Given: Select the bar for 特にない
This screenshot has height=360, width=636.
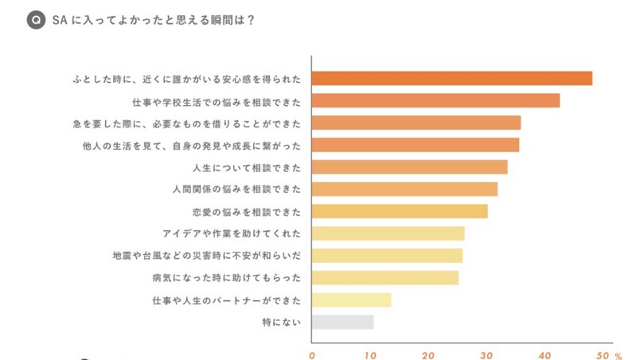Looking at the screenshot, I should click(342, 322).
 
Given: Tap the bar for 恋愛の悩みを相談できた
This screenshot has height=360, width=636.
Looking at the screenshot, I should click(399, 211).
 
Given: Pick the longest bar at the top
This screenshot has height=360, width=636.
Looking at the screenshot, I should click(451, 78).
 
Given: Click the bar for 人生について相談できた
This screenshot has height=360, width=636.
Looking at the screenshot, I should click(409, 166).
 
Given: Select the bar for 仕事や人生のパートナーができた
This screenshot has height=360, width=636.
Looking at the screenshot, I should click(351, 299).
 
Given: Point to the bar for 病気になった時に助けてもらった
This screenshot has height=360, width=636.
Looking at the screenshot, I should click(384, 277).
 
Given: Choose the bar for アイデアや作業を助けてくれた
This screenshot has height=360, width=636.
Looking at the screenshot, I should click(388, 233).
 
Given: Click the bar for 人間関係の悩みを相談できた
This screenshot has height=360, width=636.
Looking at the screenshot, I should click(404, 189).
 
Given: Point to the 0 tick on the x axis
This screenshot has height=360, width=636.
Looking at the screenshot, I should click(312, 354).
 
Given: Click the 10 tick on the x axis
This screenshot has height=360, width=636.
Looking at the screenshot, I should click(370, 354).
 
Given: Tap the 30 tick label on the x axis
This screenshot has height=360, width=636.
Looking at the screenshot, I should click(486, 354).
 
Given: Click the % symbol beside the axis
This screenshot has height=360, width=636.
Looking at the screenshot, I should click(618, 355).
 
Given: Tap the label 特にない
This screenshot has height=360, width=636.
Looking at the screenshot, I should click(282, 322).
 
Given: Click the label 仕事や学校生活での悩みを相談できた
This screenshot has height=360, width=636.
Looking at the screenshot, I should click(217, 100).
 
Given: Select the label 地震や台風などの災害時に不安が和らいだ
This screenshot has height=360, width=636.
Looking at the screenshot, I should click(208, 256).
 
